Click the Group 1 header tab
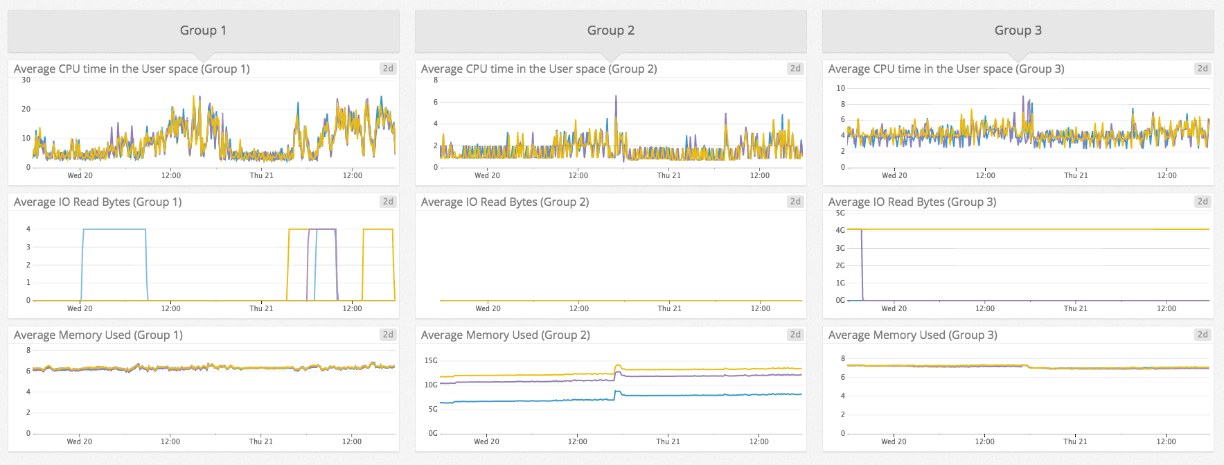[x=203, y=30]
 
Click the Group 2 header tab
[x=610, y=30]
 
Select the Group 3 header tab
[x=1018, y=30]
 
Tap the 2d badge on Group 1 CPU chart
[x=388, y=69]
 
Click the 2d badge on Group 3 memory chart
[x=1203, y=335]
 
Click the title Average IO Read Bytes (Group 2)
[x=505, y=202]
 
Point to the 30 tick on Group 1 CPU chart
[x=26, y=80]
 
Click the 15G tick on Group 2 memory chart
[x=431, y=360]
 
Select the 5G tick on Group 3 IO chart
[x=840, y=213]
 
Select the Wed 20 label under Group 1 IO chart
[x=80, y=308]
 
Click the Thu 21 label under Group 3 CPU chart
[x=1076, y=175]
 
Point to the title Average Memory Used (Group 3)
[x=912, y=335]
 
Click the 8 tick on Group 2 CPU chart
[x=436, y=80]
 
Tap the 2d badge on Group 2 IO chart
[x=795, y=202]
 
